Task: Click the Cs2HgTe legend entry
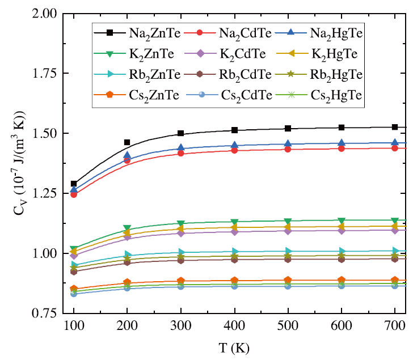pyautogui.click(x=335, y=95)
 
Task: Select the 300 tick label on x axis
pyautogui.click(x=180, y=325)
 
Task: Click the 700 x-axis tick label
pyautogui.click(x=395, y=325)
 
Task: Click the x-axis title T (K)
pyautogui.click(x=234, y=346)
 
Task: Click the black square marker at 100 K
pyautogui.click(x=74, y=184)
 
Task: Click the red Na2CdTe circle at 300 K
pyautogui.click(x=180, y=153)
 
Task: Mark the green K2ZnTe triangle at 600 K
pyautogui.click(x=342, y=221)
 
